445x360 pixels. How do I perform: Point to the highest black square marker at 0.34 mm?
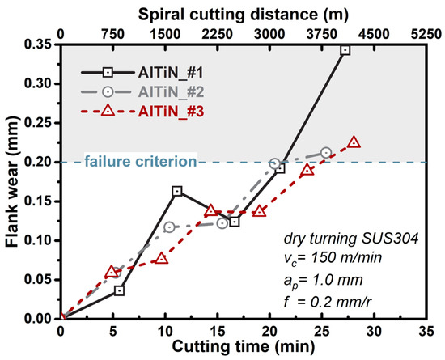(345, 50)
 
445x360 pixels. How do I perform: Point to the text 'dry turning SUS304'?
(348, 239)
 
